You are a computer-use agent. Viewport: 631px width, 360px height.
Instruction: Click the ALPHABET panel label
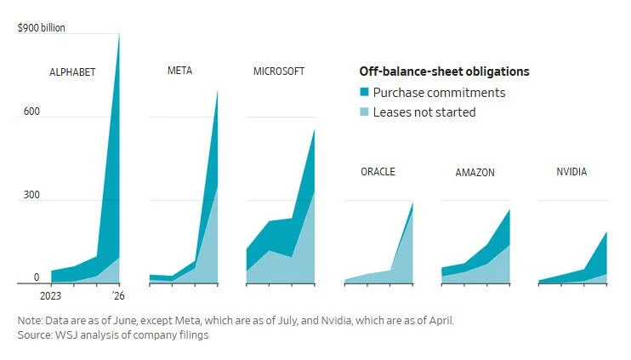click(72, 72)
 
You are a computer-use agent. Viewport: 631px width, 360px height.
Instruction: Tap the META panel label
click(180, 71)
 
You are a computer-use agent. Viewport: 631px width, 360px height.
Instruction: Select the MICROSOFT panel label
click(279, 71)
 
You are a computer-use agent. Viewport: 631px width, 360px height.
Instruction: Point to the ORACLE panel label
click(378, 172)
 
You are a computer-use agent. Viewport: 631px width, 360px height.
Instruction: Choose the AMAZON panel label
click(475, 173)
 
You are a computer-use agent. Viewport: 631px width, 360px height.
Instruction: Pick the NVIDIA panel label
click(571, 172)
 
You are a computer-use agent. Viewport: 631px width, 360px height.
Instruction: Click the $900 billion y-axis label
click(41, 28)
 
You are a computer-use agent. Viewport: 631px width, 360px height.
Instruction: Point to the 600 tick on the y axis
click(31, 111)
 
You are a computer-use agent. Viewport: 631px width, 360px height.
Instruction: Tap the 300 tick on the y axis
click(31, 195)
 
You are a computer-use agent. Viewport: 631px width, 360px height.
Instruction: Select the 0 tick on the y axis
click(37, 277)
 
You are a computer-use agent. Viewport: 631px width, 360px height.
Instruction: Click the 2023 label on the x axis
click(51, 296)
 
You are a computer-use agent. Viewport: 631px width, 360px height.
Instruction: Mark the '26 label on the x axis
click(118, 296)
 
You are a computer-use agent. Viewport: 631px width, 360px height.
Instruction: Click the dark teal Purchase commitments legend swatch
click(364, 92)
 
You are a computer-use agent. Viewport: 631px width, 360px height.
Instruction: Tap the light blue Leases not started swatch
click(364, 111)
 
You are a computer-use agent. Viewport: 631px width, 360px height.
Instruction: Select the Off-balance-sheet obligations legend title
click(444, 71)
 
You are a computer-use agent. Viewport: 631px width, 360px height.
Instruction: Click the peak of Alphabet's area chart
click(119, 34)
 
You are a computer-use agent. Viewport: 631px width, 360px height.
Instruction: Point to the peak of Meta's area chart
click(218, 91)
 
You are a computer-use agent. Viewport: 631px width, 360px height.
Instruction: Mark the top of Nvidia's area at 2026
click(606, 232)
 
